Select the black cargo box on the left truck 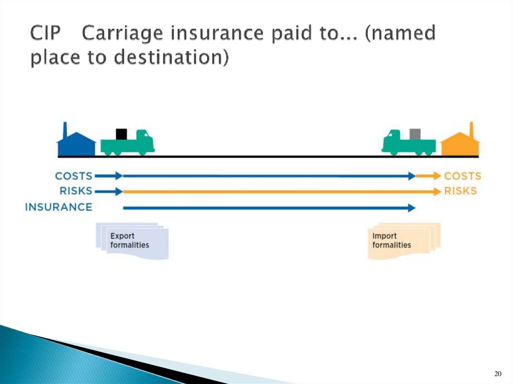click(121, 134)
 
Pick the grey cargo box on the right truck click(415, 134)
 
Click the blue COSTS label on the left click(74, 176)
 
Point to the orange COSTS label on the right click(462, 176)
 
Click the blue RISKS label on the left click(76, 191)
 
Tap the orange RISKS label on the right click(460, 191)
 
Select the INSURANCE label click(59, 207)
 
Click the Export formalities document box click(131, 241)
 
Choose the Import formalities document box click(403, 241)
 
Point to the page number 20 click(497, 374)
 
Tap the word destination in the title click(167, 58)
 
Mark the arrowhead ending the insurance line click(412, 208)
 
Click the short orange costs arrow click(427, 176)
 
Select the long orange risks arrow click(281, 191)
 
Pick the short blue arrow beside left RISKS click(108, 191)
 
